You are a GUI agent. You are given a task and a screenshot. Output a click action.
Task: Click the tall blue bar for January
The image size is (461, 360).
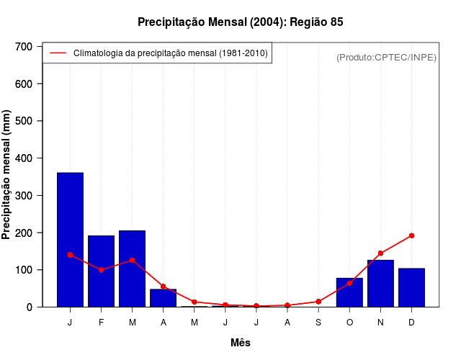click(71, 240)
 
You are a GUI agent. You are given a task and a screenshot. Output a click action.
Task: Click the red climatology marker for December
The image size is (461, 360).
click(411, 235)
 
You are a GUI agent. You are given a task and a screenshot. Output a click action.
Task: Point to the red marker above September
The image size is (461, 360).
click(318, 302)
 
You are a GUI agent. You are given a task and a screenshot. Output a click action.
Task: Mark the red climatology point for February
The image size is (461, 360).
click(102, 270)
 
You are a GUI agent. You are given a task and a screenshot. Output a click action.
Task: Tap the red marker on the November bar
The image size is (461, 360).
click(380, 253)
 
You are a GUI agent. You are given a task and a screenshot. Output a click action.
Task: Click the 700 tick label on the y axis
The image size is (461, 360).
click(24, 47)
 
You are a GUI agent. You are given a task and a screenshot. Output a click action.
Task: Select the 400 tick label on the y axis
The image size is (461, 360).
click(24, 158)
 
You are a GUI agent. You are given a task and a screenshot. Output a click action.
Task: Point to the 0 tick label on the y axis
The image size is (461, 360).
click(30, 307)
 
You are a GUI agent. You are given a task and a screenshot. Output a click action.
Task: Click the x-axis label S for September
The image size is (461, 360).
click(318, 323)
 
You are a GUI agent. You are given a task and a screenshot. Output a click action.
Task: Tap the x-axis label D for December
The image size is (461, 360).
click(411, 323)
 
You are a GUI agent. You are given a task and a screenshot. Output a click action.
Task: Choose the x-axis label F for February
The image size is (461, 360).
click(102, 323)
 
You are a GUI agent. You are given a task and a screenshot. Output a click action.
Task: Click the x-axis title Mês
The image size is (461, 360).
click(241, 343)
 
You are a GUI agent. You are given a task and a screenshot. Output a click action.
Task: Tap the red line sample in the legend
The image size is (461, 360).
click(58, 53)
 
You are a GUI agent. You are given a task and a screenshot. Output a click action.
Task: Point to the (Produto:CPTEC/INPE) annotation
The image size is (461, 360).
click(386, 57)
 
